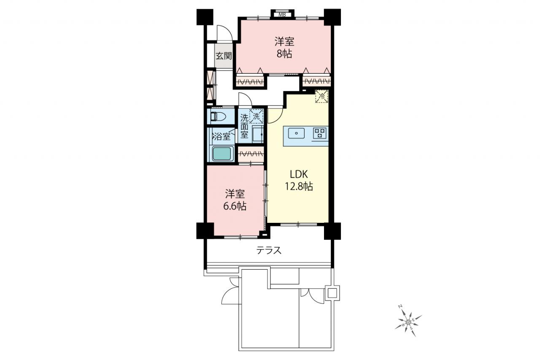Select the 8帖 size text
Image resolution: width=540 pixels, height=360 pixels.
pyautogui.click(x=284, y=54)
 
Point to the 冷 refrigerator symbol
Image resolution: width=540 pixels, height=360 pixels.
pyautogui.click(x=322, y=96)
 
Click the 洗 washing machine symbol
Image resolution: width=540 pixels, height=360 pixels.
pyautogui.click(x=256, y=116)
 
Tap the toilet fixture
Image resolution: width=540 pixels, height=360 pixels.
pyautogui.click(x=218, y=117)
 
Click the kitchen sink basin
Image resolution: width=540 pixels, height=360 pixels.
pyautogui.click(x=296, y=133)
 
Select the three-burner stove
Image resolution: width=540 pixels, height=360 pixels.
pyautogui.click(x=320, y=133)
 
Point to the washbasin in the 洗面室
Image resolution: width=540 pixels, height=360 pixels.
pyautogui.click(x=257, y=134)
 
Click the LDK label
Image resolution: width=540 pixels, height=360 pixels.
pyautogui.click(x=299, y=174)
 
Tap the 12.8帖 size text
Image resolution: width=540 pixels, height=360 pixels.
pyautogui.click(x=299, y=187)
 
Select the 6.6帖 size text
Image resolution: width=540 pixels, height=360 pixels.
pyautogui.click(x=235, y=206)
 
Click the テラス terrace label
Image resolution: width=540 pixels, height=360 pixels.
pyautogui.click(x=269, y=251)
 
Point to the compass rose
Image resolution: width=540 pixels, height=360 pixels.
pyautogui.click(x=408, y=321)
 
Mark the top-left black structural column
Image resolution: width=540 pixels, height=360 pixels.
pyautogui.click(x=205, y=17)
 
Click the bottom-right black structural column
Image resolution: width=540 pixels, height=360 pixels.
pyautogui.click(x=332, y=231)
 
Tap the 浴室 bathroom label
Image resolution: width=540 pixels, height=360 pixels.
pyautogui.click(x=221, y=137)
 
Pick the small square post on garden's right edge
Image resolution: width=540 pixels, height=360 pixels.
pyautogui.click(x=332, y=293)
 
